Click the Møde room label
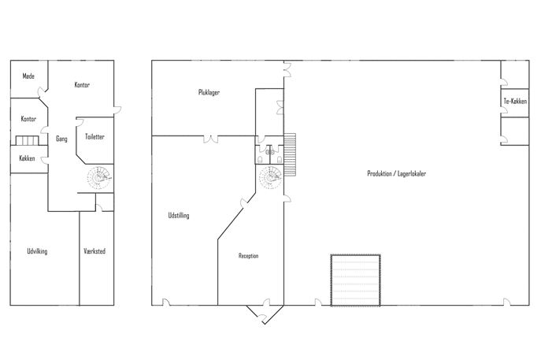[28, 76]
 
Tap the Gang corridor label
[61, 139]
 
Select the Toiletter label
[94, 137]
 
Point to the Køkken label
[27, 158]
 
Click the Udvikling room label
[37, 251]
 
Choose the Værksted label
[94, 251]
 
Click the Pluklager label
[209, 92]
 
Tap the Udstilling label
[179, 215]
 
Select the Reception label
[248, 256]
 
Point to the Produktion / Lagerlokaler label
[396, 173]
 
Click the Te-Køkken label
[515, 101]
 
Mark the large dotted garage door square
[356, 280]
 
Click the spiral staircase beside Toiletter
[99, 178]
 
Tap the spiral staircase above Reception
[271, 178]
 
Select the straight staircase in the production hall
[290, 154]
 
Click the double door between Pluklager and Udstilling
[211, 139]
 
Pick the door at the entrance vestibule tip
[263, 318]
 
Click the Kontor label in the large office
[82, 84]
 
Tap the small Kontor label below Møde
[28, 119]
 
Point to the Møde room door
[42, 91]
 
